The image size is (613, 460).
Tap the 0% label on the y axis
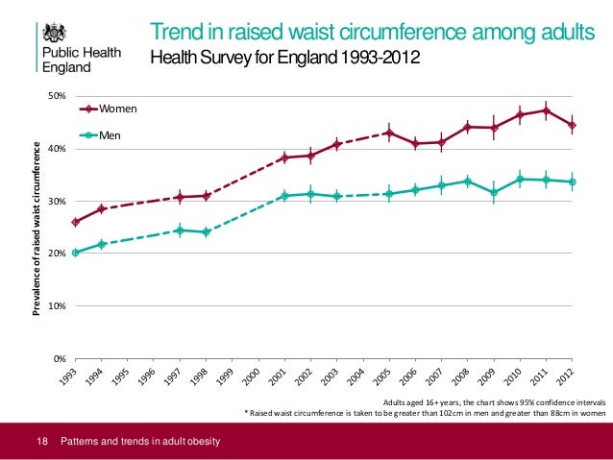click(59, 358)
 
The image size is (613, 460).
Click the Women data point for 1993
click(75, 222)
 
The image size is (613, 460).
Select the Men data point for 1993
click(75, 253)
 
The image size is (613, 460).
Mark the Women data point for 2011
click(546, 110)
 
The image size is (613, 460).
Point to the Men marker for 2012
click(572, 182)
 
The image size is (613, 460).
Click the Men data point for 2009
click(494, 192)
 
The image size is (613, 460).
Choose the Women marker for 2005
click(389, 133)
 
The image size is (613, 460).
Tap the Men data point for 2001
click(284, 196)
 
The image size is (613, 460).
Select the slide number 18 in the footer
click(41, 441)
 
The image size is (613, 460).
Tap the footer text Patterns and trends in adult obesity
click(140, 441)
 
